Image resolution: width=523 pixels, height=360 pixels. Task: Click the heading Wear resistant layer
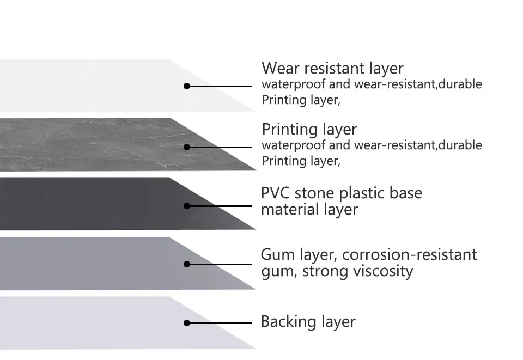[332, 69]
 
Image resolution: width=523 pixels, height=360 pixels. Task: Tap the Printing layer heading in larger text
[309, 130]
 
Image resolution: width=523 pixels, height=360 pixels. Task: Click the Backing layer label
[308, 322]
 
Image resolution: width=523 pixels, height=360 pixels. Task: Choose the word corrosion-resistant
[410, 254]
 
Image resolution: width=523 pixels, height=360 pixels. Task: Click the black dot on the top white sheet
[187, 86]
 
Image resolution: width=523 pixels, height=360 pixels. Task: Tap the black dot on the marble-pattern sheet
[187, 147]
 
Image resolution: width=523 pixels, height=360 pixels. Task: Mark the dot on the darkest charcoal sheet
[187, 206]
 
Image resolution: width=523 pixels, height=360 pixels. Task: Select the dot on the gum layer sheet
[187, 264]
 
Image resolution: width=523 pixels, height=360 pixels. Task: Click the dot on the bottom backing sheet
[187, 323]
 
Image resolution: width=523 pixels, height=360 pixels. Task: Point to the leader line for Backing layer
[221, 323]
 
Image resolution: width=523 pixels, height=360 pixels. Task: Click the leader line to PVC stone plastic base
[221, 206]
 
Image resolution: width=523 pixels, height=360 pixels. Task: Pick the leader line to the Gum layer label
[221, 264]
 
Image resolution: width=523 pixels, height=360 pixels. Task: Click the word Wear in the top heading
[279, 69]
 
